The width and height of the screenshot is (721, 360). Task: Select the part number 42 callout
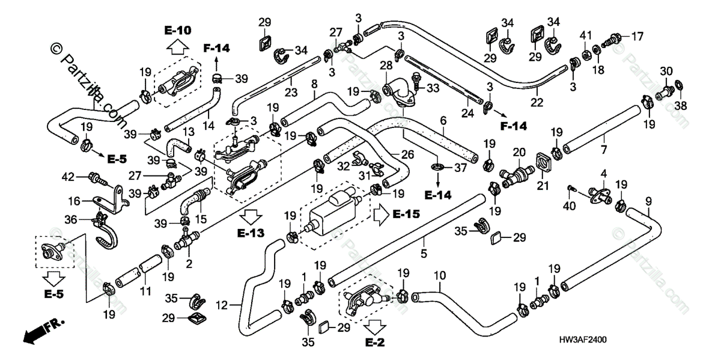[70, 177]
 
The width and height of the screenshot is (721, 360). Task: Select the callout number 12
[222, 305]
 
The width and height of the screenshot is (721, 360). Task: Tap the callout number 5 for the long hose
[424, 254]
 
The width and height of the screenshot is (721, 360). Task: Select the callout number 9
[648, 200]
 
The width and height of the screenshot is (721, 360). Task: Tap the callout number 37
[460, 169]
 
